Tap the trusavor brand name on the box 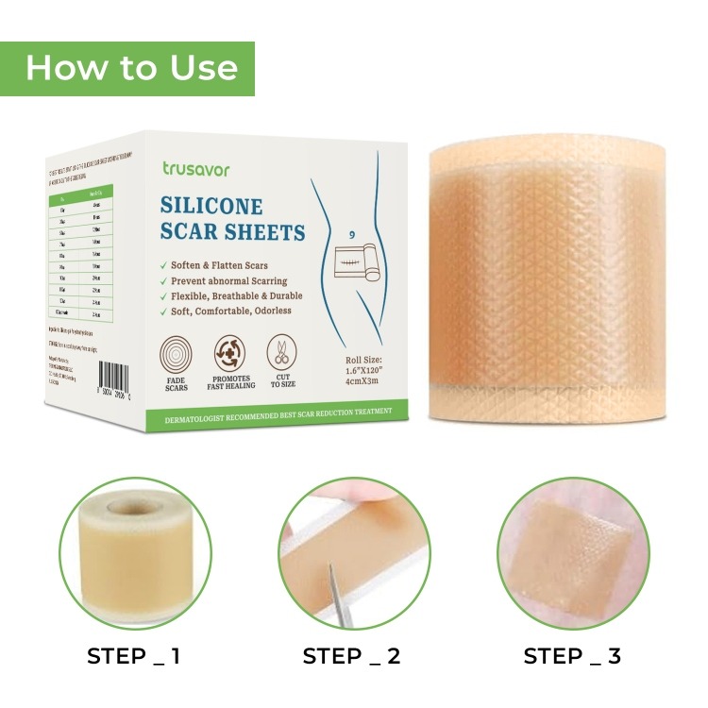(x=194, y=167)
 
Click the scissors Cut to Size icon (x=281, y=352)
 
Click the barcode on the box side (x=95, y=379)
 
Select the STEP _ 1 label (x=134, y=656)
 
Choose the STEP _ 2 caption (x=351, y=656)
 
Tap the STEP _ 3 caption (x=572, y=656)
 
